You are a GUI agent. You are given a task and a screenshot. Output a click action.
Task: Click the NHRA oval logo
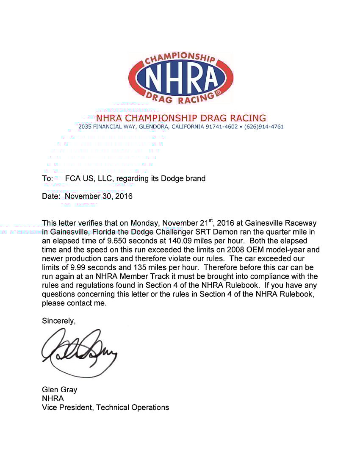[181, 78]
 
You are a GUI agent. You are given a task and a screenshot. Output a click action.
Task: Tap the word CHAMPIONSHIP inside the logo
[180, 59]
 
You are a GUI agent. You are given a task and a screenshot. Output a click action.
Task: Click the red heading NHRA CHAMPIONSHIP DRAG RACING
[181, 118]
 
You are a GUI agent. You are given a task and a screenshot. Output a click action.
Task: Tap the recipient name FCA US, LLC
[89, 179]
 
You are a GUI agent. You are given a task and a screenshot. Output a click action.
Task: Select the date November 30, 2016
[99, 197]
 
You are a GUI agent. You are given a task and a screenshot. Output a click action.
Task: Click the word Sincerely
[58, 321]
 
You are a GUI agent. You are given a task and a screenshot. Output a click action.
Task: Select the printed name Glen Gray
[59, 390]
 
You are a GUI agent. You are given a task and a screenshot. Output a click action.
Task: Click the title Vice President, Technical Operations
[105, 408]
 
